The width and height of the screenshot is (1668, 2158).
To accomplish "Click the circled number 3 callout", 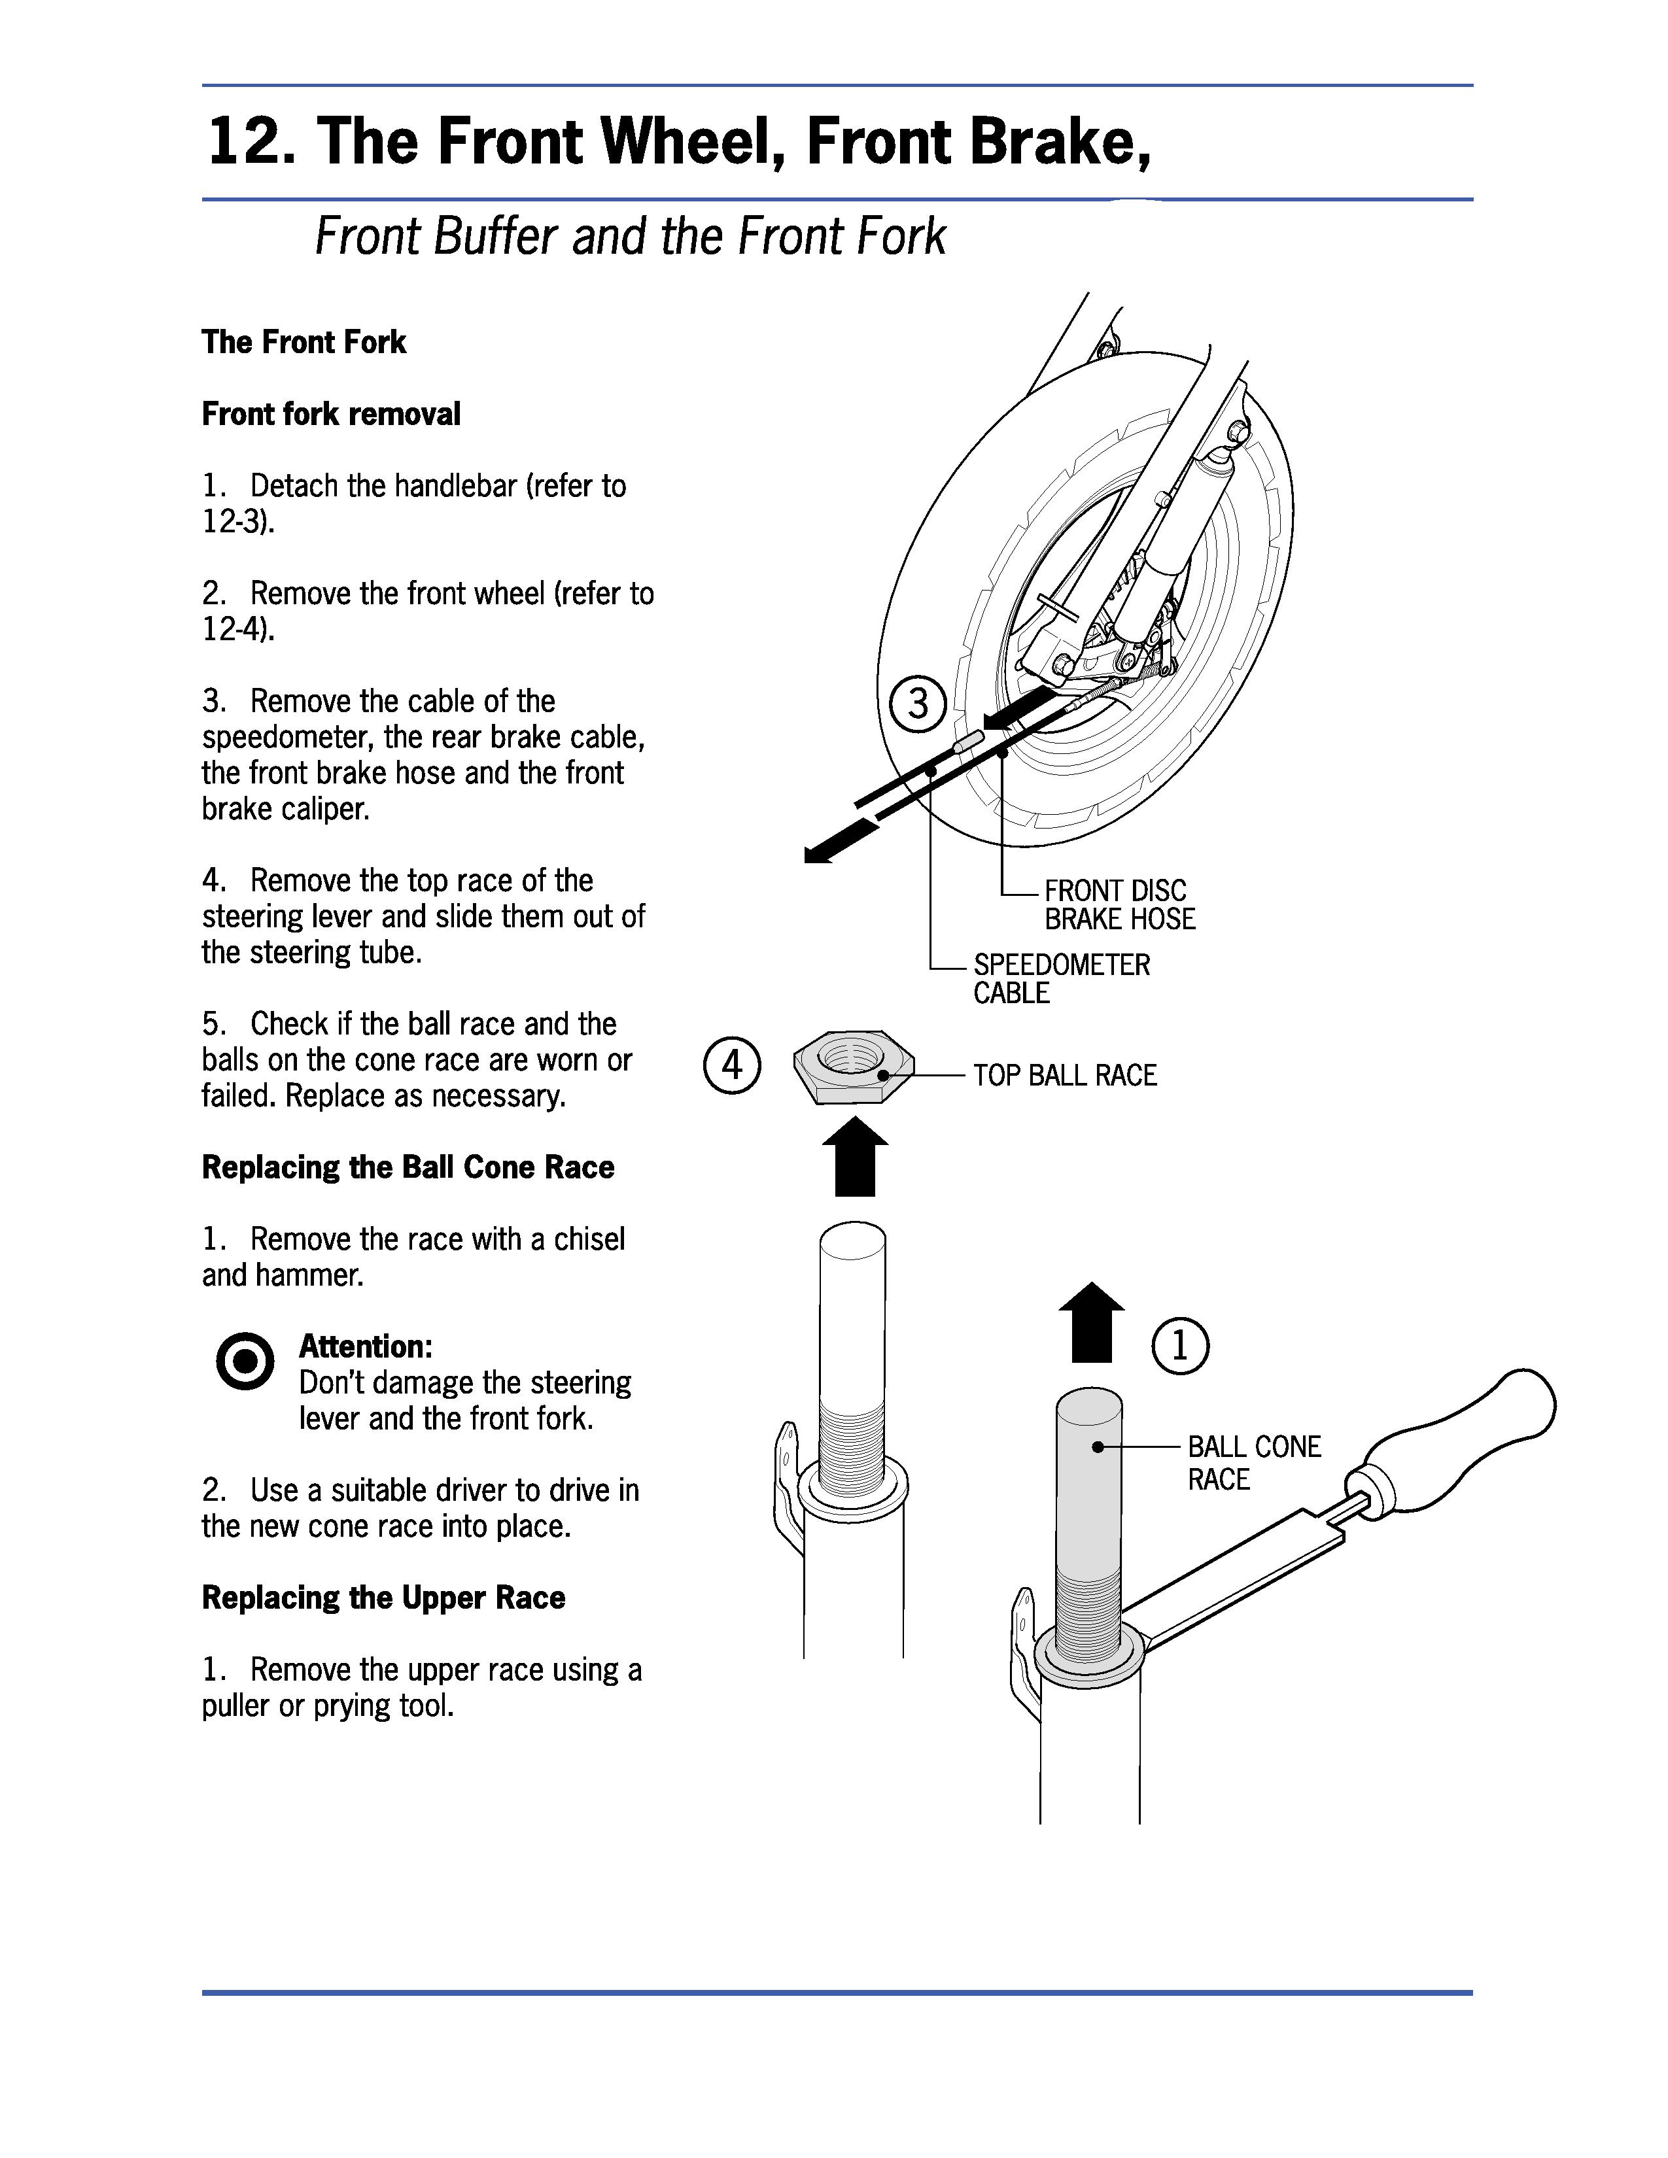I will click(918, 704).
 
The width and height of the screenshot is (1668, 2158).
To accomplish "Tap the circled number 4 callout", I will click(731, 1066).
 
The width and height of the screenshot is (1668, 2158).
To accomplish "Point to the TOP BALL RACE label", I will click(1064, 1075).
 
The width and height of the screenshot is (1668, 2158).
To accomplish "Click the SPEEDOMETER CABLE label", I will click(1061, 978).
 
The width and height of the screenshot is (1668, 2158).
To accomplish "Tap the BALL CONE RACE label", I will click(1253, 1462).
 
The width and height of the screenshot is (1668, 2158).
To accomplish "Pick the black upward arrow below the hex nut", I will click(855, 1156).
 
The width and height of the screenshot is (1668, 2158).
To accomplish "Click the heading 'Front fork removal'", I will click(331, 414).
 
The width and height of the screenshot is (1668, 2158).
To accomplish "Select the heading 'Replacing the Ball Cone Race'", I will click(407, 1167).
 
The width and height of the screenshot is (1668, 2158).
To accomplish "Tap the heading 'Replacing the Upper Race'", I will click(383, 1598).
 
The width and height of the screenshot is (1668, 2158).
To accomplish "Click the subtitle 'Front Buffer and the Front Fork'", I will click(629, 237).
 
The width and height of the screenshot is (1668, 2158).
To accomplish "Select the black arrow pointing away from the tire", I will click(840, 842).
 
